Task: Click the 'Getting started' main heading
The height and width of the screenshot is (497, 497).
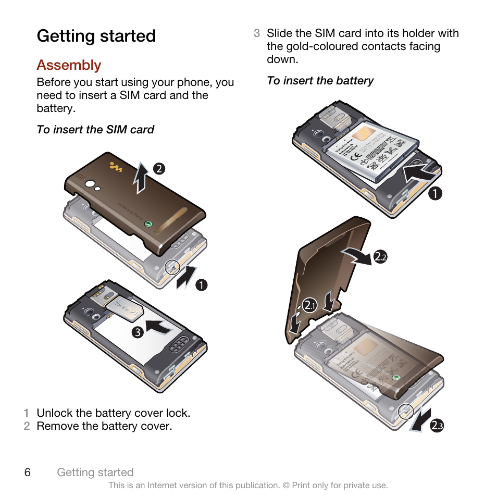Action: [96, 36]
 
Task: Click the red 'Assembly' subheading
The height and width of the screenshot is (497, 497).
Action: [69, 65]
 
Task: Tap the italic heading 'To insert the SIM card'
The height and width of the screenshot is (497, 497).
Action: [95, 130]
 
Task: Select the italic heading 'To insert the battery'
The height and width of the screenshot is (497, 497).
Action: [320, 81]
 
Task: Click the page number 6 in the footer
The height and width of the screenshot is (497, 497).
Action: [27, 472]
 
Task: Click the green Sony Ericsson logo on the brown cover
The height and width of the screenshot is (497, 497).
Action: [148, 224]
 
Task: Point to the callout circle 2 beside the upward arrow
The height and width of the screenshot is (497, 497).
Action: [159, 168]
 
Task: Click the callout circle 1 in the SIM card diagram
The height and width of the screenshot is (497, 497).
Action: [202, 285]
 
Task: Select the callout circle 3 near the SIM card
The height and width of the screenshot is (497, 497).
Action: [137, 332]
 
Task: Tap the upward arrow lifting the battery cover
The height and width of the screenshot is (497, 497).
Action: [141, 178]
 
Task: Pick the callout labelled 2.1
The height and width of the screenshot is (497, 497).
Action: [310, 305]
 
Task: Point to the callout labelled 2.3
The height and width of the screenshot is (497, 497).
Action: [437, 426]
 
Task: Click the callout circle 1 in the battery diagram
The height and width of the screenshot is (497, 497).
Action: [436, 194]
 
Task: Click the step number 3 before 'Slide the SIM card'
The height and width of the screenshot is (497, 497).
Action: [257, 33]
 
